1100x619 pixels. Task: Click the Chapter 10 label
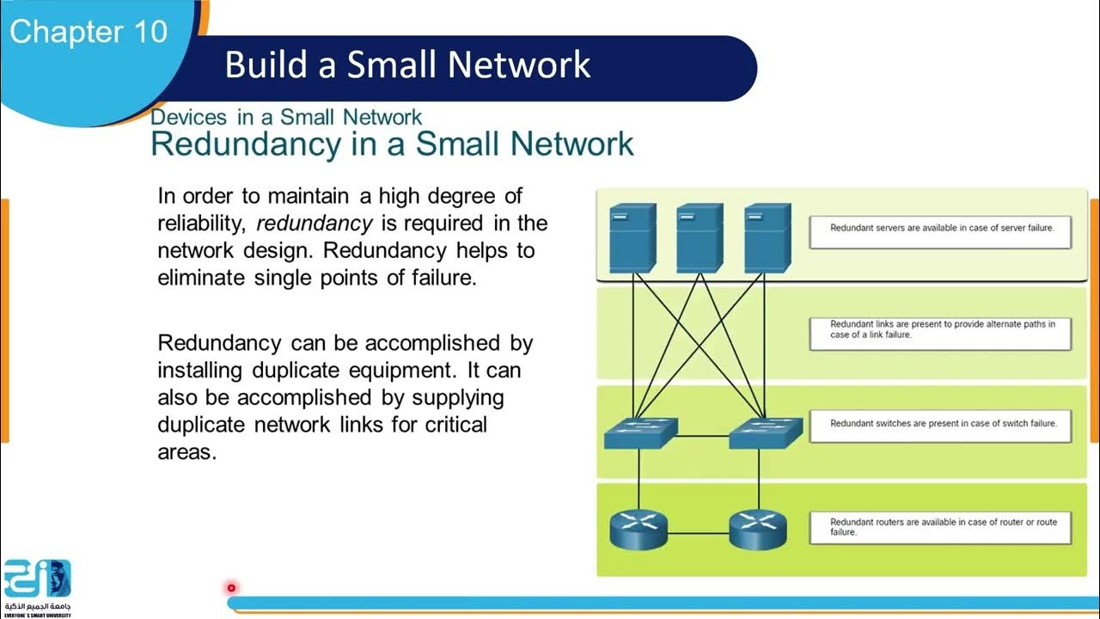pyautogui.click(x=89, y=32)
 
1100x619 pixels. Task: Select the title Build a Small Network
pyautogui.click(x=407, y=65)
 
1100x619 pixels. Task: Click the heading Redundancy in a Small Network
pyautogui.click(x=392, y=144)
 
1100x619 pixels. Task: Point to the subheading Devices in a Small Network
pyautogui.click(x=286, y=117)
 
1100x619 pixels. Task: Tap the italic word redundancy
pyautogui.click(x=315, y=224)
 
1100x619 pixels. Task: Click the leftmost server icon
pyautogui.click(x=632, y=237)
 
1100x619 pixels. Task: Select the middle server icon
pyautogui.click(x=700, y=237)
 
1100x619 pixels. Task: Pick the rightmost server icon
pyautogui.click(x=767, y=237)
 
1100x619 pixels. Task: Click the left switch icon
pyautogui.click(x=640, y=433)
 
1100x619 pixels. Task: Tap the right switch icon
pyautogui.click(x=766, y=433)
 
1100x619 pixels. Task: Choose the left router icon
pyautogui.click(x=639, y=530)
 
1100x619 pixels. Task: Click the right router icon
pyautogui.click(x=757, y=530)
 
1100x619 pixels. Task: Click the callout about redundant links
pyautogui.click(x=940, y=333)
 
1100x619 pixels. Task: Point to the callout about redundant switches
pyautogui.click(x=940, y=425)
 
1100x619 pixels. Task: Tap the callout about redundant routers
pyautogui.click(x=940, y=527)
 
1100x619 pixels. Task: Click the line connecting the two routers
pyautogui.click(x=698, y=534)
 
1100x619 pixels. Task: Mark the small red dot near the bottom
pyautogui.click(x=231, y=588)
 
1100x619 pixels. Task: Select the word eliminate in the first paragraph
pyautogui.click(x=203, y=279)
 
